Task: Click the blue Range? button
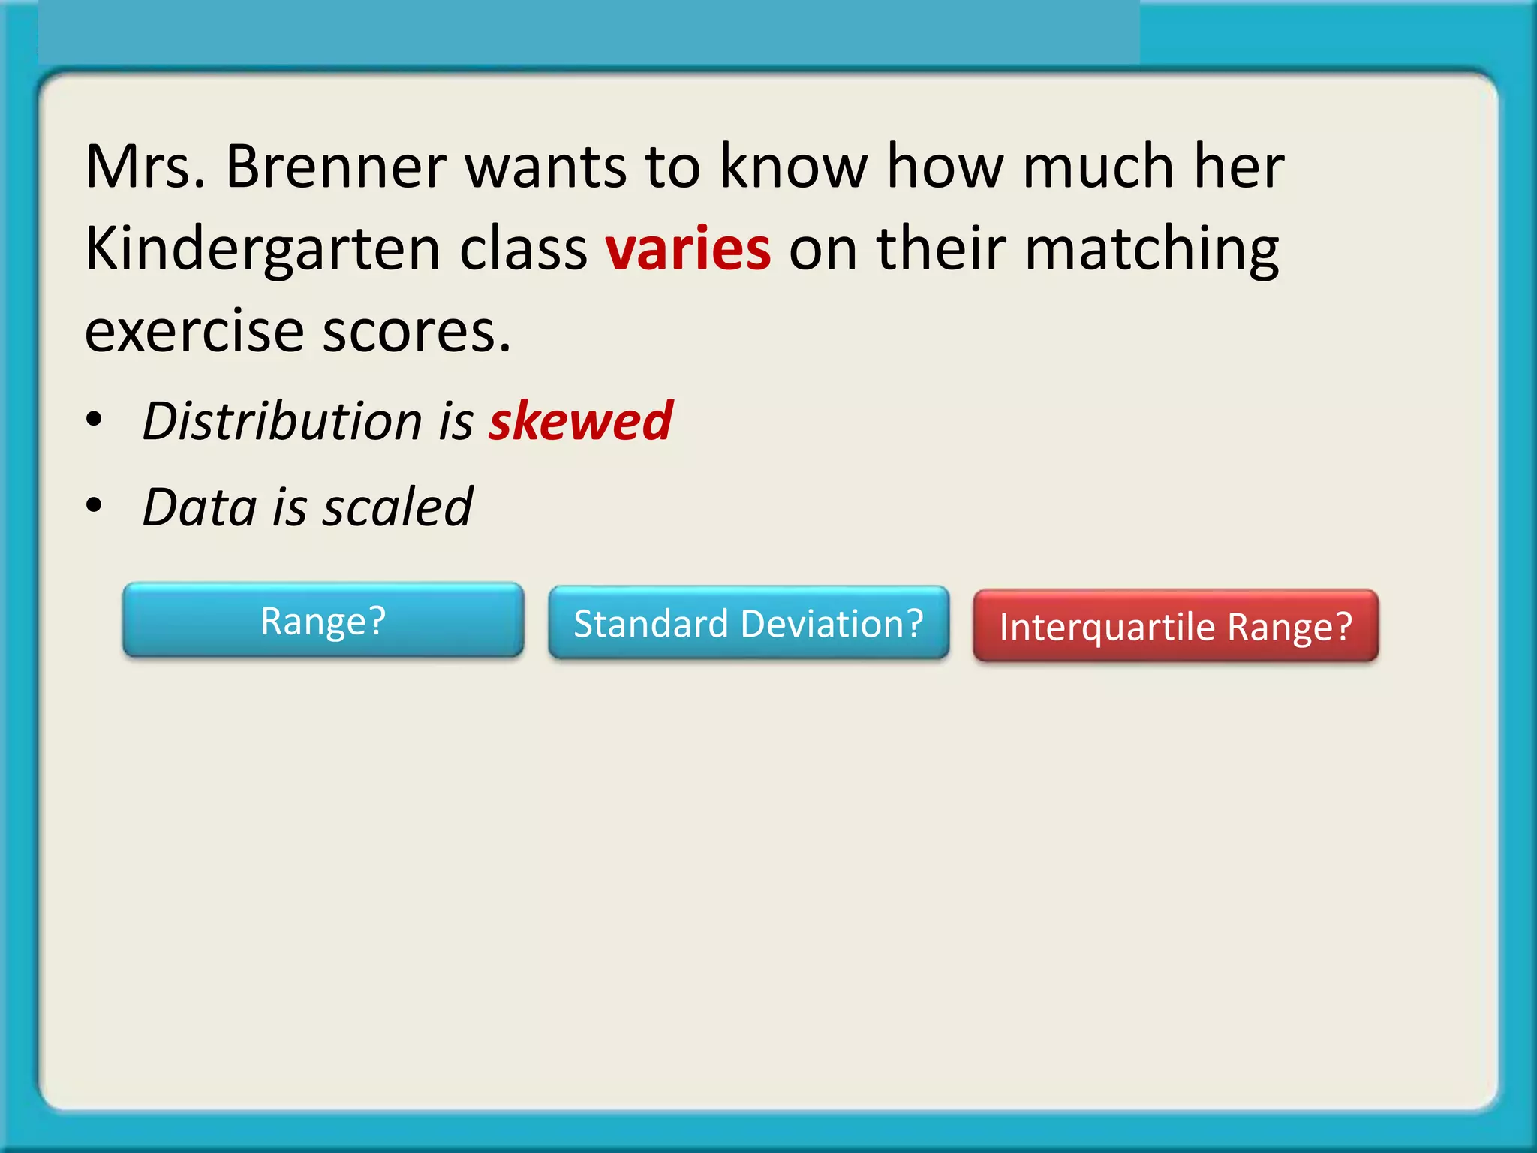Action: pos(323,620)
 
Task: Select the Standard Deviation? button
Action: pos(748,623)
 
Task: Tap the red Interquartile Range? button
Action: pos(1175,626)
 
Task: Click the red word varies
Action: pos(687,249)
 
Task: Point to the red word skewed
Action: pos(580,421)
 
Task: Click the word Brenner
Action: pos(335,167)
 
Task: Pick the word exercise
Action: pos(194,332)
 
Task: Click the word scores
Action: pos(417,332)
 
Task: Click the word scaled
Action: pos(397,507)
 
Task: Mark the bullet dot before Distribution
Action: pos(93,420)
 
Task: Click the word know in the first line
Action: pos(793,167)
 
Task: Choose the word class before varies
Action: pos(523,249)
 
